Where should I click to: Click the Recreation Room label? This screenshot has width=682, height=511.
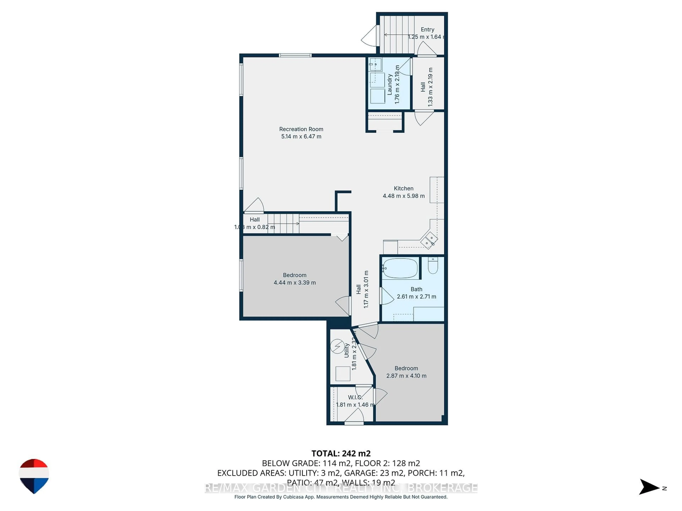pos(301,129)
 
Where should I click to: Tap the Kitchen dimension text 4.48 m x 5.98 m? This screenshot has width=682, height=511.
pos(403,196)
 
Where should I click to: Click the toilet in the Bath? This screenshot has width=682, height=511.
pos(433,266)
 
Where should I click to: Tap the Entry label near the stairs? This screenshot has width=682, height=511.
pos(427,30)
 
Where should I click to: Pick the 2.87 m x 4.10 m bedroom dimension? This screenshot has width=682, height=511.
pos(406,376)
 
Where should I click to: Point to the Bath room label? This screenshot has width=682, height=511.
pos(416,289)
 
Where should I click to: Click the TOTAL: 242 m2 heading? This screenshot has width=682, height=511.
pos(341,453)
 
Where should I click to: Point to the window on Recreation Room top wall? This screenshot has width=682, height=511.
pos(295,55)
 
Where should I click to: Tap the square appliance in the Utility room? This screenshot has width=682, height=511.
pos(343,374)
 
